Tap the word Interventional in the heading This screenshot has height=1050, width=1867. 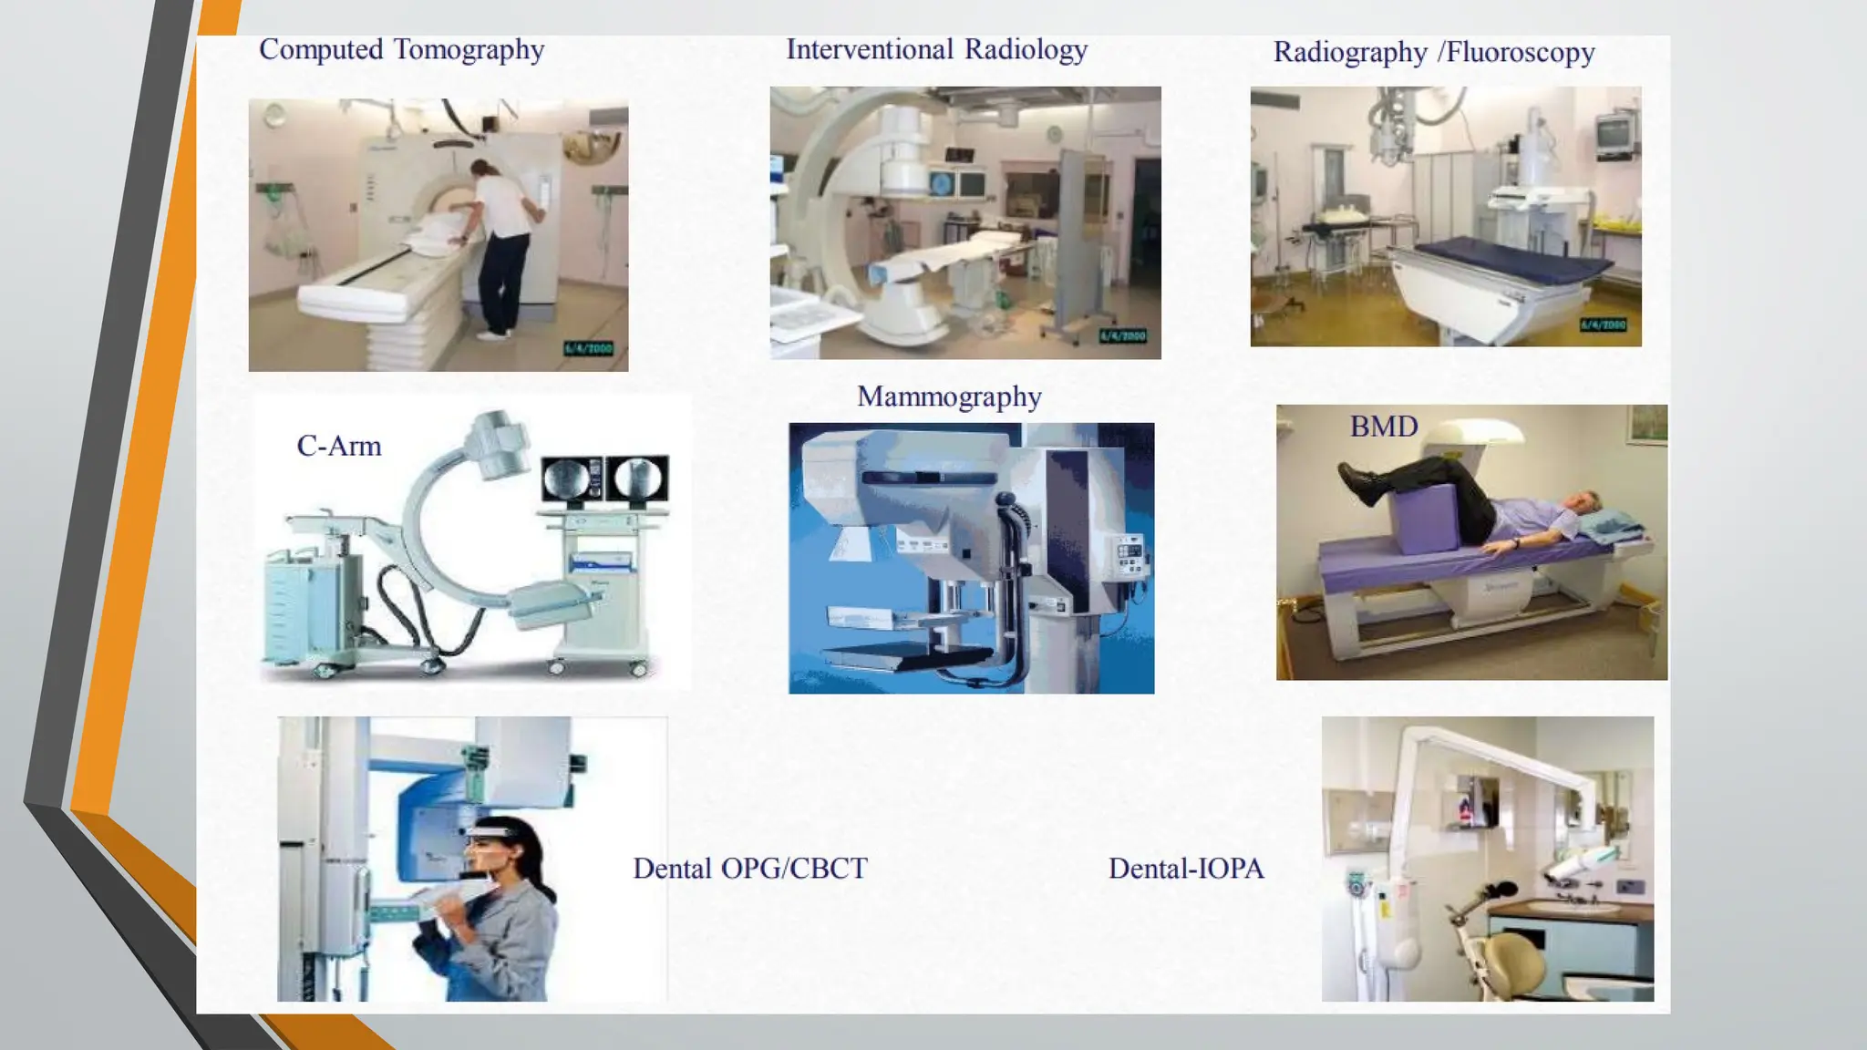point(870,49)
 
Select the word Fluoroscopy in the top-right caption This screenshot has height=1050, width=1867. point(1520,53)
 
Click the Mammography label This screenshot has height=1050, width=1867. point(949,396)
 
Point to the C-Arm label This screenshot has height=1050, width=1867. point(339,446)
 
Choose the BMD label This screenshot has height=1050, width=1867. point(1384,427)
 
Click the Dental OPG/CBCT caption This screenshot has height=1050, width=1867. point(750,869)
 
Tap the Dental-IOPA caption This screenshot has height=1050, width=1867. point(1186,869)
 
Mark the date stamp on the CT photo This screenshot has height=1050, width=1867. point(589,349)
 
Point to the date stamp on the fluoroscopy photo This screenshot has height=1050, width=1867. point(1603,325)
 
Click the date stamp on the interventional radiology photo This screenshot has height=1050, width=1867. point(1122,336)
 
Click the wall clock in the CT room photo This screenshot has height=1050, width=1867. point(274,115)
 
